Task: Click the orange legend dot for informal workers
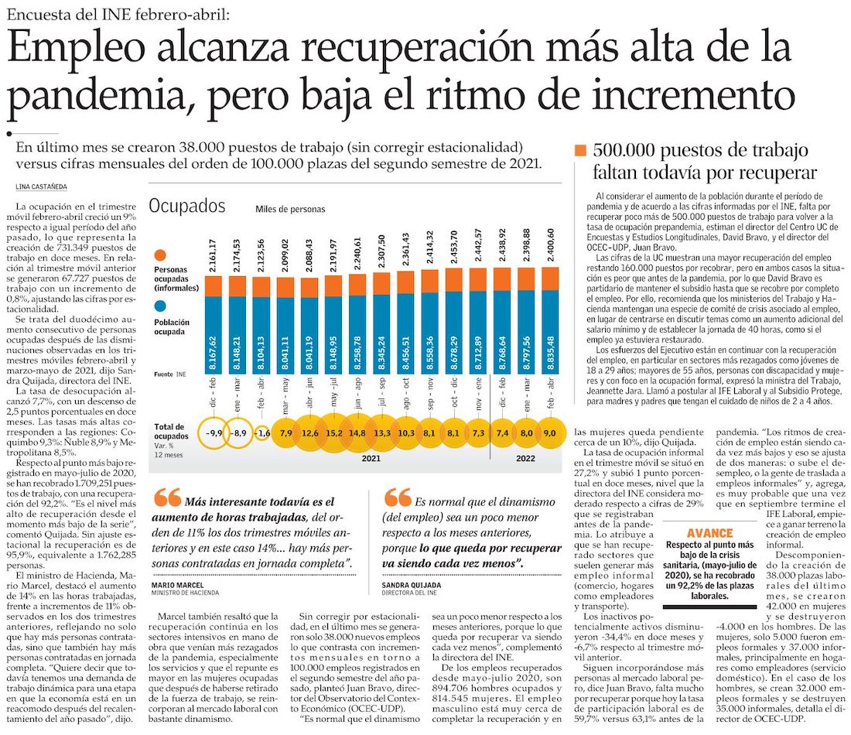pos(161,255)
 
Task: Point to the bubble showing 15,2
pos(334,432)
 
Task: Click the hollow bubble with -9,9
pos(214,432)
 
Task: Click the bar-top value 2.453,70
pos(453,246)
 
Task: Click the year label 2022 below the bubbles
pos(527,458)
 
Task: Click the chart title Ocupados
pos(187,206)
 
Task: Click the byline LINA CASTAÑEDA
pos(40,186)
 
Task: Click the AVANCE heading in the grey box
pos(709,534)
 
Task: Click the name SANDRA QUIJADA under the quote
pos(411,586)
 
